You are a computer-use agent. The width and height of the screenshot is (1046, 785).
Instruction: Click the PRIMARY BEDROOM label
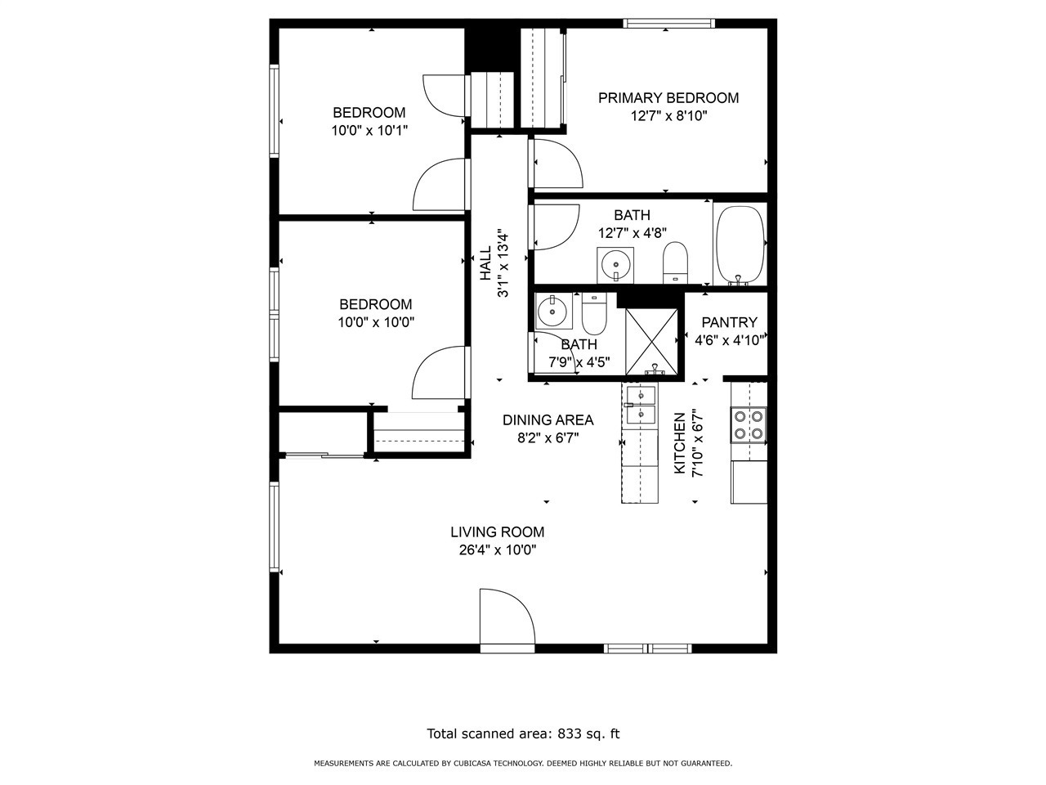tap(668, 97)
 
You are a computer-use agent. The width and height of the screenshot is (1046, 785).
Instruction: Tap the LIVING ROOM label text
tap(497, 532)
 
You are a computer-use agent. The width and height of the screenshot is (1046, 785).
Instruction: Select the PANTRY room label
tap(729, 323)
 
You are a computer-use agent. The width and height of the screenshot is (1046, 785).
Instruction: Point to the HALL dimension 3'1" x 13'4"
tap(503, 265)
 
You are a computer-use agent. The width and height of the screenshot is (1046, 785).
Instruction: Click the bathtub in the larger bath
tap(740, 245)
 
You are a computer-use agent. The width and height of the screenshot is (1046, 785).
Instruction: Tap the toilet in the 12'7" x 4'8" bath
tap(675, 262)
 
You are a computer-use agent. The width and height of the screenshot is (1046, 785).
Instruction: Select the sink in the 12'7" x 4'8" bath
tap(615, 265)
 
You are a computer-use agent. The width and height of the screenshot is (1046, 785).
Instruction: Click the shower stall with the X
tap(651, 342)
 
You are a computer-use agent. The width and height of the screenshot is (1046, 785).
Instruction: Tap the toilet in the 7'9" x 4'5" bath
tap(594, 314)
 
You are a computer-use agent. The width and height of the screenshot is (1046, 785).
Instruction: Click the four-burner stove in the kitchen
tap(749, 425)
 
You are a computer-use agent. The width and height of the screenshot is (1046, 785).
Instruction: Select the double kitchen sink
tap(641, 405)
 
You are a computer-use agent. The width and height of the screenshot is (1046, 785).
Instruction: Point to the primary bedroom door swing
tap(557, 163)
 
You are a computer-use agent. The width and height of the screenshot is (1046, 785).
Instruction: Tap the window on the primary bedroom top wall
tap(669, 23)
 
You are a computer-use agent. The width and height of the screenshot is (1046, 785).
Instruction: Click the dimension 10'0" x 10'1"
tap(369, 131)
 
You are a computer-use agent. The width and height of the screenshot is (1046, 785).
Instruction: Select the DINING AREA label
tap(548, 420)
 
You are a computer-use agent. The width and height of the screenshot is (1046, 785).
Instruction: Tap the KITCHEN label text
tap(680, 443)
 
